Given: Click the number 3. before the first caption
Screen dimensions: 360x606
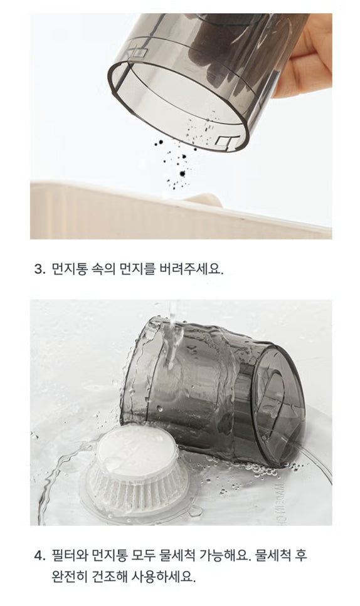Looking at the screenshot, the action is pos(40,269).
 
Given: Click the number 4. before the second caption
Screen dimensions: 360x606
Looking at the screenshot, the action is pos(40,556).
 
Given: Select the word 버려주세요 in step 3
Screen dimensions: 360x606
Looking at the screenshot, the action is pos(191,269).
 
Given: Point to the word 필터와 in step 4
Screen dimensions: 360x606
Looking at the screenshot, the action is pos(70,555).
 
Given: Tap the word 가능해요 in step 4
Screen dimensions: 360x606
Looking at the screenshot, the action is pos(225,555).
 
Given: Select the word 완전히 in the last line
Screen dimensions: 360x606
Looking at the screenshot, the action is pos(70,577).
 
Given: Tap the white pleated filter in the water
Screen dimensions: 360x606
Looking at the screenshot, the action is pos(137,469).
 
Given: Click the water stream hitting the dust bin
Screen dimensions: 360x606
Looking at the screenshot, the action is pos(172,337).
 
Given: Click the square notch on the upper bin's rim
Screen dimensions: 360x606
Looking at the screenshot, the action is pos(225,142).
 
